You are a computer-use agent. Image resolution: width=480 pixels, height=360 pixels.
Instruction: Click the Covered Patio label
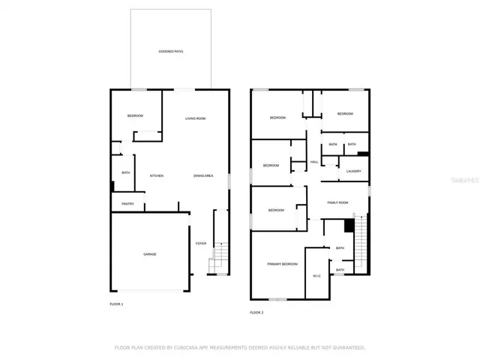pyautogui.click(x=170, y=52)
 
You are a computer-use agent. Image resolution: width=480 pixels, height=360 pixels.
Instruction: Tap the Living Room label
pyautogui.click(x=196, y=118)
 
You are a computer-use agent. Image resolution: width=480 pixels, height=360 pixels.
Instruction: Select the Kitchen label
pyautogui.click(x=157, y=176)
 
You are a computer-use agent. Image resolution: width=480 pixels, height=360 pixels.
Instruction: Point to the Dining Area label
pyautogui.click(x=203, y=176)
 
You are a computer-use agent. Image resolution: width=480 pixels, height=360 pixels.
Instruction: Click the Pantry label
pyautogui.click(x=128, y=203)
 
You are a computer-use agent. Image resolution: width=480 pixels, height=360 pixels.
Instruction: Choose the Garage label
pyautogui.click(x=150, y=254)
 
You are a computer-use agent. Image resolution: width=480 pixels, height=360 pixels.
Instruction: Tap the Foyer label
pyautogui.click(x=201, y=244)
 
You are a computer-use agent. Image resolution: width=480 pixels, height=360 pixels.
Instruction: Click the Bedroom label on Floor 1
pyautogui.click(x=135, y=115)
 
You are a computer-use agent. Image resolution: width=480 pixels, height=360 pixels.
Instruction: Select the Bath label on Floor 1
pyautogui.click(x=125, y=173)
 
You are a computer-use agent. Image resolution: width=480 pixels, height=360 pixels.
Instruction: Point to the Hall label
pyautogui.click(x=314, y=162)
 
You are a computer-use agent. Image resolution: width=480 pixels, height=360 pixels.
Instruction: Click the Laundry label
pyautogui.click(x=354, y=171)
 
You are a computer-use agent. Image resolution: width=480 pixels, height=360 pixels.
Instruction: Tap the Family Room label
pyautogui.click(x=338, y=202)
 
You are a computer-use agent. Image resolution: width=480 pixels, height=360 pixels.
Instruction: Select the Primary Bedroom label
pyautogui.click(x=283, y=264)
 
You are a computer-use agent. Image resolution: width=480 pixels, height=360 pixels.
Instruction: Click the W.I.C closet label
pyautogui.click(x=316, y=275)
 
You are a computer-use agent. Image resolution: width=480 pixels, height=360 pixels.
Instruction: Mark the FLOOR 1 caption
pyautogui.click(x=116, y=304)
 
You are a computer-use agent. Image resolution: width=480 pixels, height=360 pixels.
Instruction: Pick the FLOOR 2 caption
pyautogui.click(x=256, y=312)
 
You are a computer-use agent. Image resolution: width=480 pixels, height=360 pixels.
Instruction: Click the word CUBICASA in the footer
pyautogui.click(x=184, y=348)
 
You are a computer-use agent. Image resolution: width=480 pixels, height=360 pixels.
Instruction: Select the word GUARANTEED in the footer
pyautogui.click(x=347, y=348)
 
